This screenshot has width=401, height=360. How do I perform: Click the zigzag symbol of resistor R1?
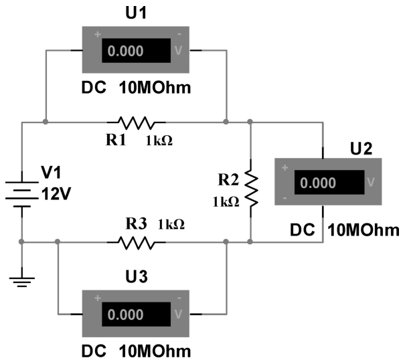(137, 122)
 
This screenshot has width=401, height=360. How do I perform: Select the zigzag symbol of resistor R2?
(251, 188)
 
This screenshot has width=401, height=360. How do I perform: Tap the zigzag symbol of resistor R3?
(137, 242)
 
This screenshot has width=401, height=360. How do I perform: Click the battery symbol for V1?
(22, 194)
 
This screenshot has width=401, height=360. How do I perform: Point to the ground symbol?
(22, 281)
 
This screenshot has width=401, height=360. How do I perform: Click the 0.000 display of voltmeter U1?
(125, 51)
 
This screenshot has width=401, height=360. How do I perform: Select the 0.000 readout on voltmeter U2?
(318, 183)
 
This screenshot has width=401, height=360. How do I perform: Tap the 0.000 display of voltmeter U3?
(125, 314)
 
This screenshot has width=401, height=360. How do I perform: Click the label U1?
(136, 13)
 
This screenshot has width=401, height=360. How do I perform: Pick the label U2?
(361, 149)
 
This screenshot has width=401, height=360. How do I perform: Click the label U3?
(137, 276)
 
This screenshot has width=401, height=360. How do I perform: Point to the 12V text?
(56, 193)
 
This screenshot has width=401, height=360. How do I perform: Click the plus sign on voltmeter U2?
(285, 168)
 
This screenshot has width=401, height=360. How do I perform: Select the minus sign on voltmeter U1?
(179, 34)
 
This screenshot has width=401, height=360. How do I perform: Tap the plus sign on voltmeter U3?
(98, 298)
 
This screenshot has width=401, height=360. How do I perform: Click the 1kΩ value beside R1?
(159, 141)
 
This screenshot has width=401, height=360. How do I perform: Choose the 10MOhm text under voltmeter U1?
(155, 88)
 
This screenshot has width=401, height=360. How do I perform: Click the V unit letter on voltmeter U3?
(178, 314)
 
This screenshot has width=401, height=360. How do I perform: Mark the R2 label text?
(228, 179)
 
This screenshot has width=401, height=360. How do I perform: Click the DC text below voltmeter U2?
(303, 230)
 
